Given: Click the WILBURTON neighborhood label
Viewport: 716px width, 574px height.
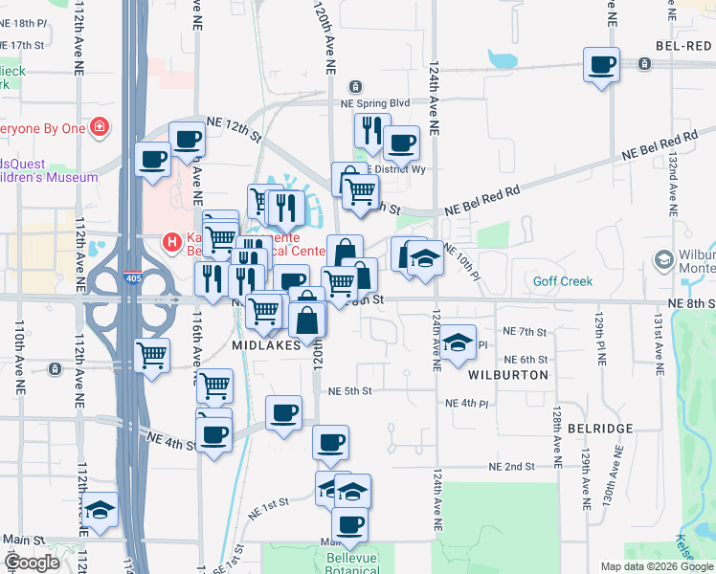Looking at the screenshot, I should click(509, 375).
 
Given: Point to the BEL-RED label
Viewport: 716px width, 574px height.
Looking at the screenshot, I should click(684, 45).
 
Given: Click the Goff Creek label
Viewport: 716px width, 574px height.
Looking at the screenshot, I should click(564, 281).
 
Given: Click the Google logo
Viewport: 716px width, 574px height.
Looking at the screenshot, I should click(32, 563).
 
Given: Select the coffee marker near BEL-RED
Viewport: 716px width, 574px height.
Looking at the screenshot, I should click(601, 64).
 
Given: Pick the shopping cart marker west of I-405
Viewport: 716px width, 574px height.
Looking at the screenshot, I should click(152, 355).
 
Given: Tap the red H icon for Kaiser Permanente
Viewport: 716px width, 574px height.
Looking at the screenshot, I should click(172, 243).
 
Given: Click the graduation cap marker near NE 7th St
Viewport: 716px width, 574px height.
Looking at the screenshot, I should click(459, 342).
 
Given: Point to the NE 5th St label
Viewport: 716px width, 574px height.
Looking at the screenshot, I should click(349, 390).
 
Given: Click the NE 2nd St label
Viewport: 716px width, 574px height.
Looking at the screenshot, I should click(511, 466).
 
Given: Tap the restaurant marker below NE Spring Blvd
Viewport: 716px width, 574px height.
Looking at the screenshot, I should click(369, 130).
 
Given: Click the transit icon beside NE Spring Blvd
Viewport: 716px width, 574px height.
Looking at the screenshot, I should click(355, 86).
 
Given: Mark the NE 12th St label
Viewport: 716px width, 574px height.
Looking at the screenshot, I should click(235, 129).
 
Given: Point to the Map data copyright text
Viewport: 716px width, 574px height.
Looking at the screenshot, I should click(656, 566).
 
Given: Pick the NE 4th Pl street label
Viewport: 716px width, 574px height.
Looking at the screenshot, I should click(467, 404).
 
